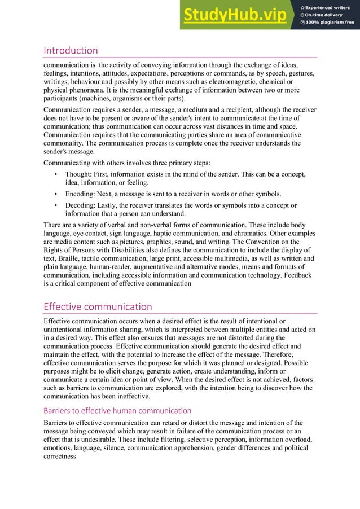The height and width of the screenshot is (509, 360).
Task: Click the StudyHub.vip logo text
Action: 234,15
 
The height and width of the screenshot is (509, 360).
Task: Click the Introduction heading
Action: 71,51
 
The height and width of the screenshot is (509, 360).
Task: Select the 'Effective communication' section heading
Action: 98,307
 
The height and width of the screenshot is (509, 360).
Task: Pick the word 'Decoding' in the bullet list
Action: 81,205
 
